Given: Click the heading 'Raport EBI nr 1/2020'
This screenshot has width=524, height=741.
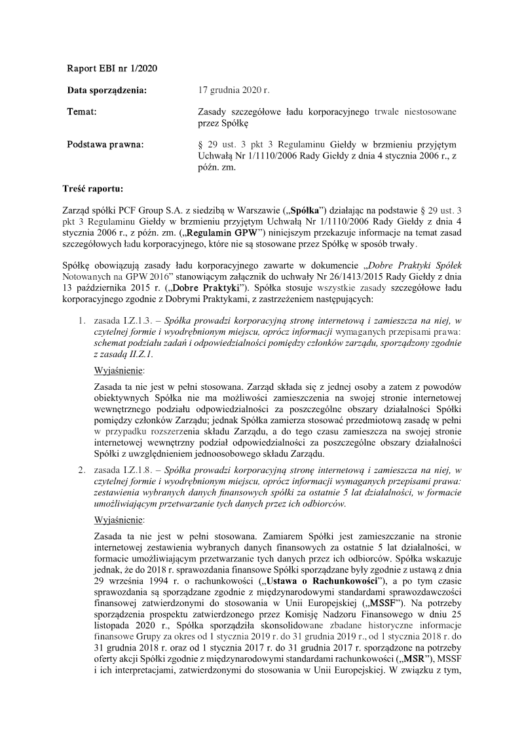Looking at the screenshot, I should tap(112, 68).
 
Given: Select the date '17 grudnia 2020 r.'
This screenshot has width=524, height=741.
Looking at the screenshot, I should tap(233, 90).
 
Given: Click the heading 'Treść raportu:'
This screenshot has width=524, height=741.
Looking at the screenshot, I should tap(95, 189).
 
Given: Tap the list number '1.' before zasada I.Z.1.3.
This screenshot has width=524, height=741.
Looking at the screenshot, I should tap(83, 321).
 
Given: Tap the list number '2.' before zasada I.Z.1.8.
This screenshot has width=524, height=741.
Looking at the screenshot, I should tap(83, 470).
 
